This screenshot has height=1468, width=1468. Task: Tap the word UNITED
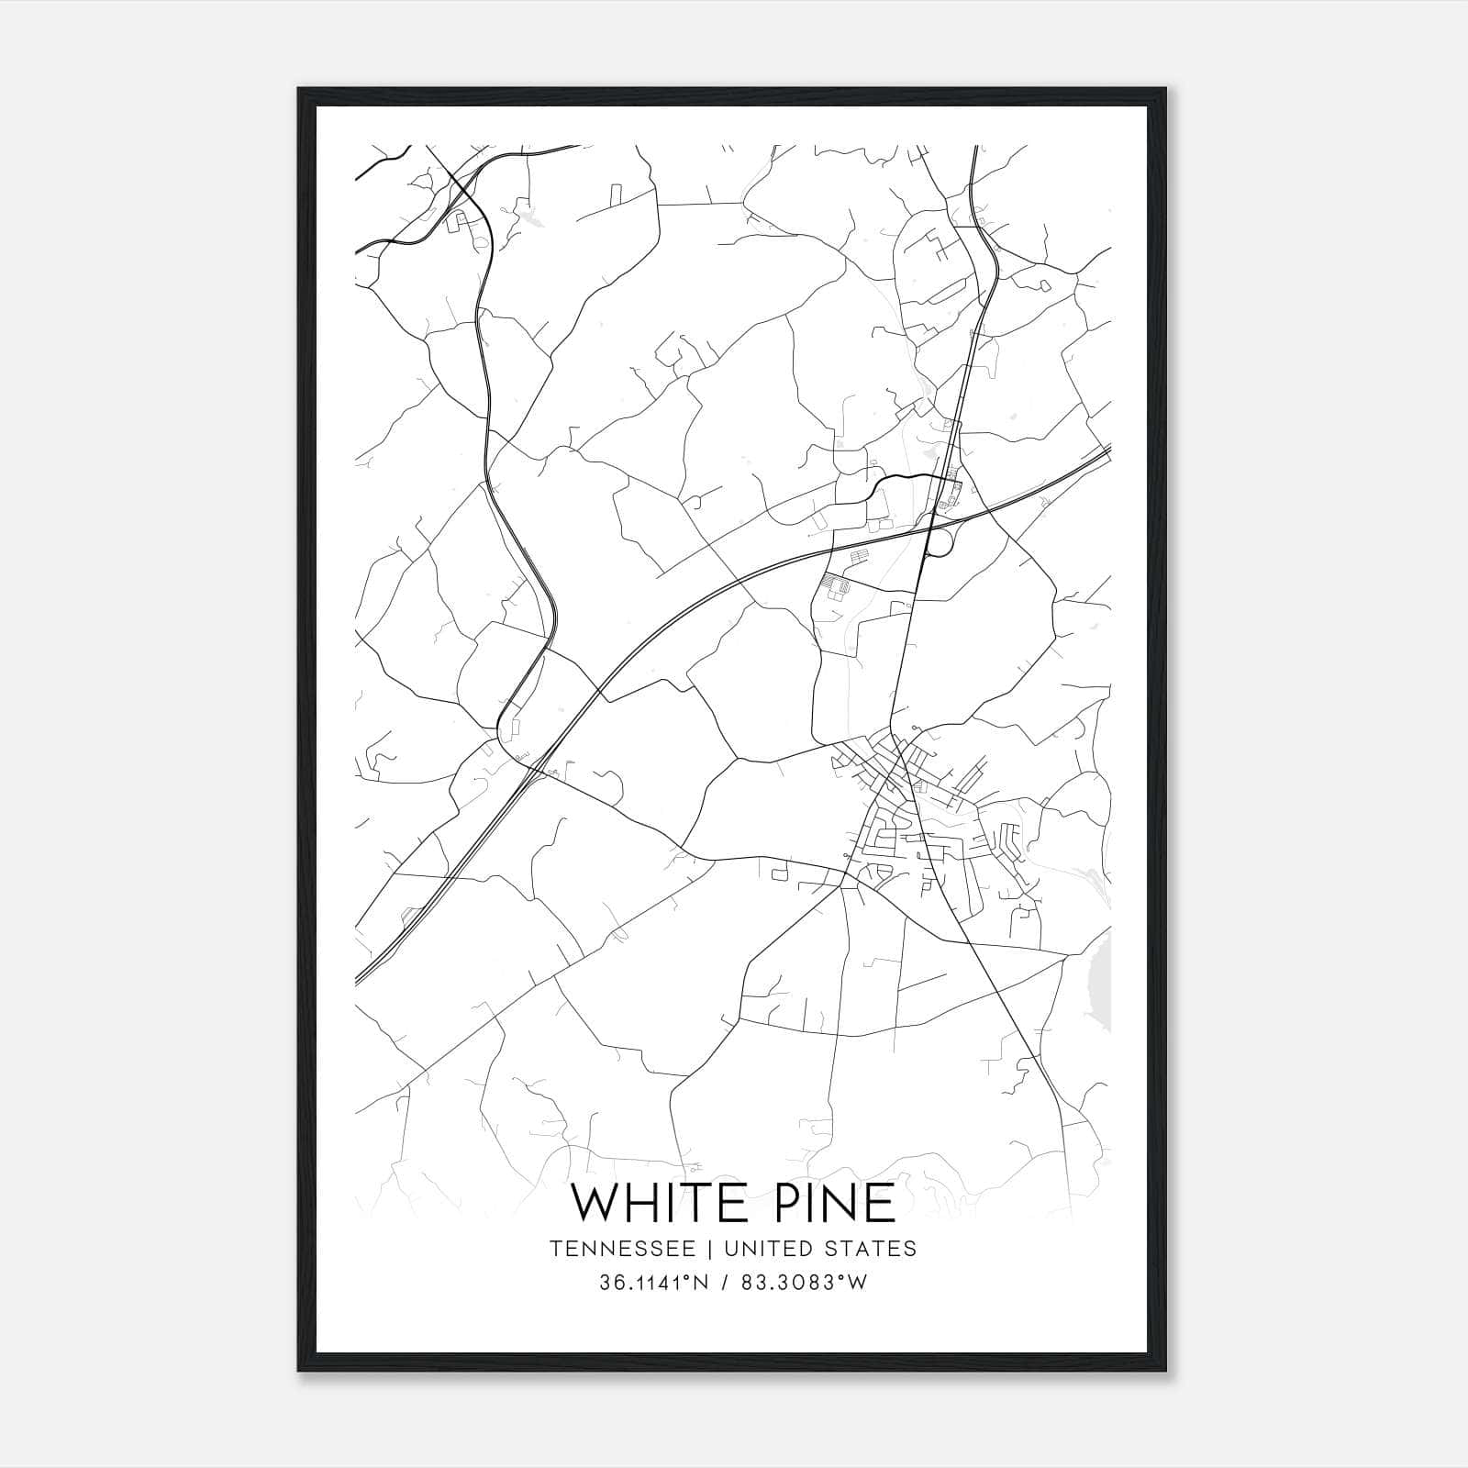(x=769, y=1248)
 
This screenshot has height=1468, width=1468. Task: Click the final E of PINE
(x=879, y=1203)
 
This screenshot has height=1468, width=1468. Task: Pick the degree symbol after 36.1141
(x=682, y=1277)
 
